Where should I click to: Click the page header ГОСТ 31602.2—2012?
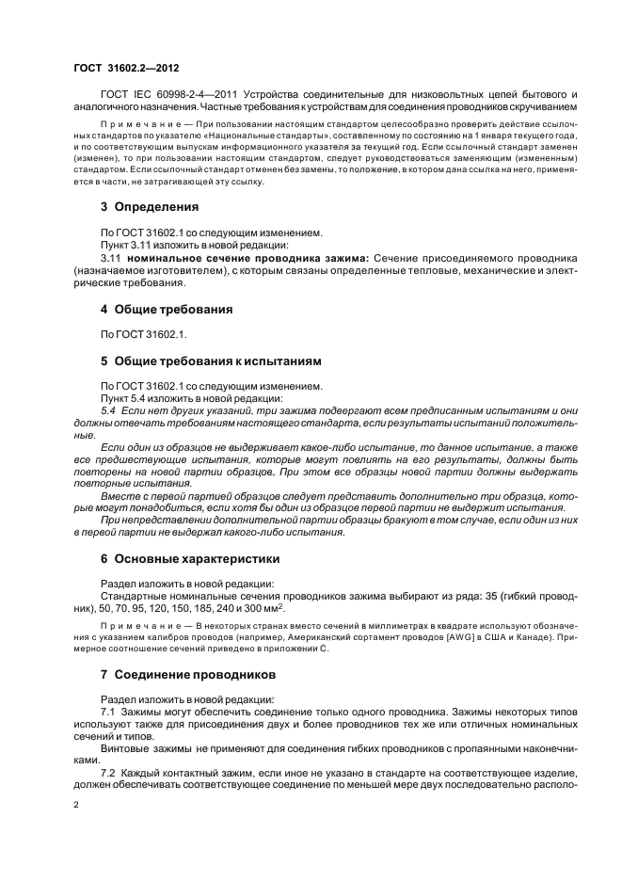click(126, 69)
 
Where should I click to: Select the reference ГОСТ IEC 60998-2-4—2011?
click(170, 95)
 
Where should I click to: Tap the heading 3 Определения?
click(150, 206)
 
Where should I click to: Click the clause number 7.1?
click(108, 713)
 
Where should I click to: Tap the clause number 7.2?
click(108, 772)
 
